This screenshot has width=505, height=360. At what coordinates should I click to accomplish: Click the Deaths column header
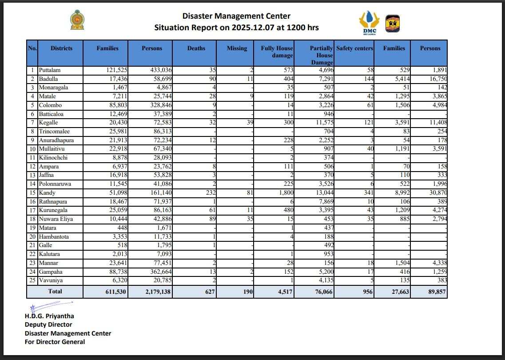tap(196, 48)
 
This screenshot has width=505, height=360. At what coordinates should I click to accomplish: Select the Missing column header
tap(237, 48)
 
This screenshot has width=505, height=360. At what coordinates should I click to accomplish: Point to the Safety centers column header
tap(354, 48)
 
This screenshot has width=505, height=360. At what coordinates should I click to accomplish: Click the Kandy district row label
tap(47, 193)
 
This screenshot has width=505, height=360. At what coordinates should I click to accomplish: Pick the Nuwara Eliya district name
tap(56, 219)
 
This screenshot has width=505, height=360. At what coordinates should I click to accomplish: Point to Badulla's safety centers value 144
tap(369, 79)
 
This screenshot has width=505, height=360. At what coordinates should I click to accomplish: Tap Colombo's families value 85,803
tap(115, 105)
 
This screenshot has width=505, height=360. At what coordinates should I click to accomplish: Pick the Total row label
tap(55, 292)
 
